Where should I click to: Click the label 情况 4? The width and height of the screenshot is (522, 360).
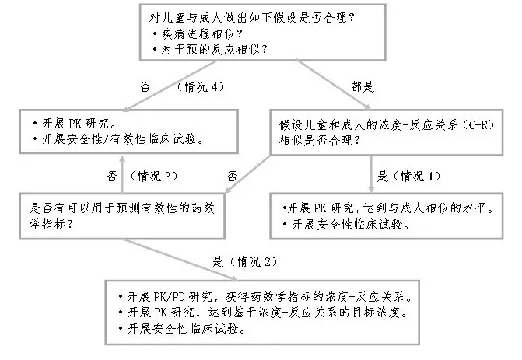[x=201, y=87]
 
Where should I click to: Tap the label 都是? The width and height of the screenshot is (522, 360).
[x=363, y=87]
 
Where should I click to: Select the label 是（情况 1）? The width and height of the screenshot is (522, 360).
[x=409, y=176]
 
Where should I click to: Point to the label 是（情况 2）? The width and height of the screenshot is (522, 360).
[x=245, y=262]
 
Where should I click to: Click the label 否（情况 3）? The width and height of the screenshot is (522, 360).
[x=142, y=176]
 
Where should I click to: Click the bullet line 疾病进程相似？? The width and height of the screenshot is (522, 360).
[x=198, y=33]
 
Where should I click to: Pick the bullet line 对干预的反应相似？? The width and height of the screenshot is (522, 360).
[x=210, y=50]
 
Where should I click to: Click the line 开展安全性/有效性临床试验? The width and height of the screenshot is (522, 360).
[x=118, y=139]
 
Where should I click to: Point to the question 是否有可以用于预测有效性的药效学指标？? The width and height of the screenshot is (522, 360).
[x=122, y=216]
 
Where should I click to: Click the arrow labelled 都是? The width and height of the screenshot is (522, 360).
[x=334, y=85]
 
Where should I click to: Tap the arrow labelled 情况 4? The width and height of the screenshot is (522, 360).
[x=170, y=85]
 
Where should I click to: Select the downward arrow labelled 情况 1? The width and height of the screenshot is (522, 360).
[x=371, y=173]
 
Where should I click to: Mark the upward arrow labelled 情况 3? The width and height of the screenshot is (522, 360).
[x=122, y=174]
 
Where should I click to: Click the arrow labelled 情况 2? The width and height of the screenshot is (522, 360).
[x=180, y=260]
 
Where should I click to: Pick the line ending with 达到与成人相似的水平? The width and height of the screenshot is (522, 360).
[x=388, y=208]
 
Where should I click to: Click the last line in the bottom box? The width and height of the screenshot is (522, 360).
[x=182, y=329]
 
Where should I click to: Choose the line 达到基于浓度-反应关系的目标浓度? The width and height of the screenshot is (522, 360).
[x=263, y=313]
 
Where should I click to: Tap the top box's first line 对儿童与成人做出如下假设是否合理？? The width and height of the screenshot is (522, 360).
[x=252, y=18]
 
